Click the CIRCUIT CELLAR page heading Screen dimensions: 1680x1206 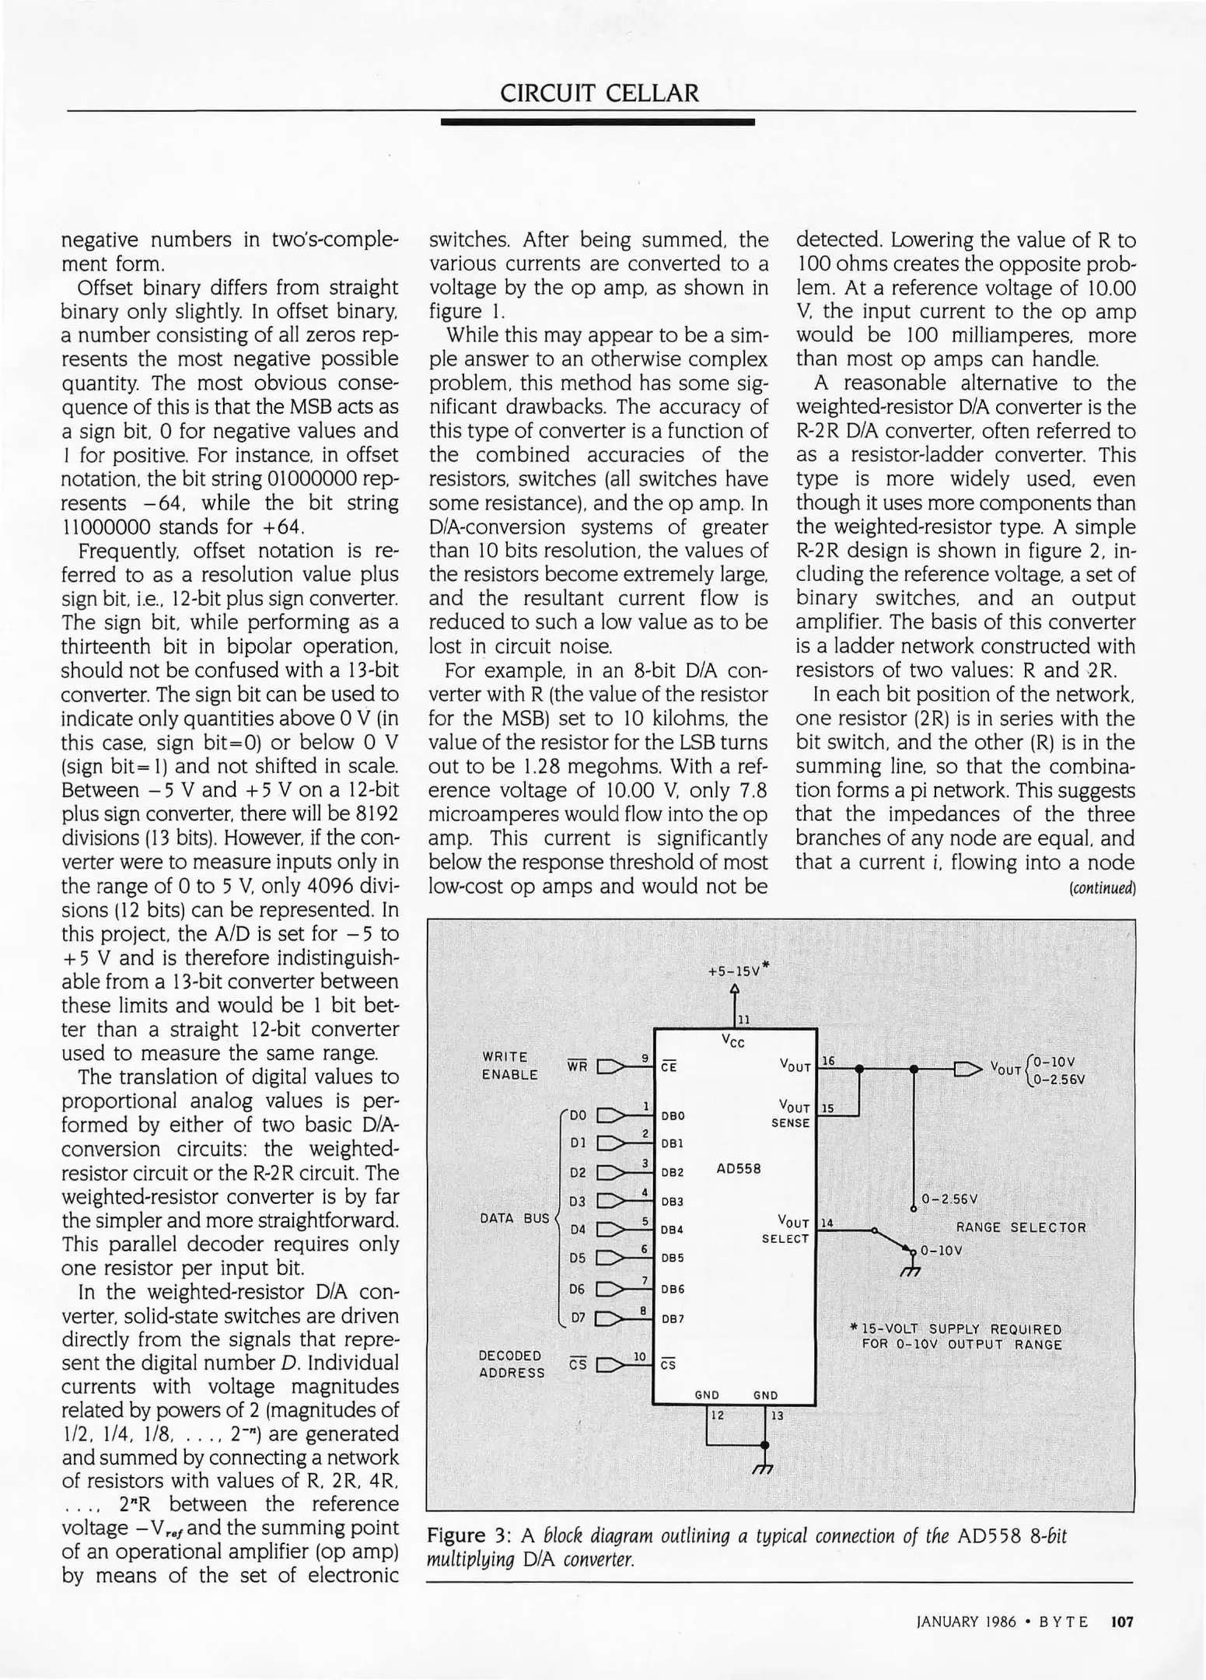pos(600,94)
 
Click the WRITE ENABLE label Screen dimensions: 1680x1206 pos(509,1066)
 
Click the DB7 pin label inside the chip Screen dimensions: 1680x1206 pos(672,1319)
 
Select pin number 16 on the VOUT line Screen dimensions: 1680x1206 pos(829,1061)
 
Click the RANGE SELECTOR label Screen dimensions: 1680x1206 pos(1020,1227)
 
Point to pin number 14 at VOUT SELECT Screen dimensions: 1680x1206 pos(827,1223)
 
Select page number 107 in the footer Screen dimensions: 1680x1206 pos(1122,1622)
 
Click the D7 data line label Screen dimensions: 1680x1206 pos(577,1318)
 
